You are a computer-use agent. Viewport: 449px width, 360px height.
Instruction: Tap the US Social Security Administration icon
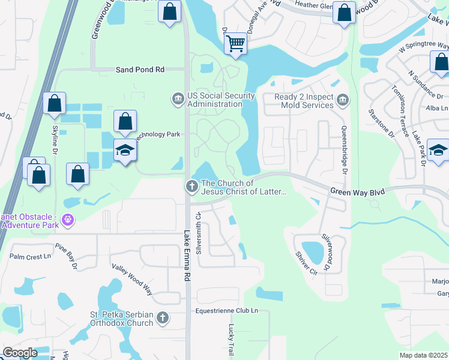click(x=178, y=98)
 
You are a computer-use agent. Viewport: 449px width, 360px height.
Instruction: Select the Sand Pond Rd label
click(x=140, y=70)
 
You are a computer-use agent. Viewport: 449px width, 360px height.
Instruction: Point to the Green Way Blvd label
click(x=357, y=190)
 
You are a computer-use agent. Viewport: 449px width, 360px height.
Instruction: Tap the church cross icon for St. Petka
click(x=162, y=317)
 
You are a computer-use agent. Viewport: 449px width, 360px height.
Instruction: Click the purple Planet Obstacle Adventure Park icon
click(x=68, y=220)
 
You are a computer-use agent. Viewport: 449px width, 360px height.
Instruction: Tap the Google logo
click(x=20, y=352)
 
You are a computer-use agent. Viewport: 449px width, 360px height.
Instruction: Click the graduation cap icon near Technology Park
click(x=125, y=150)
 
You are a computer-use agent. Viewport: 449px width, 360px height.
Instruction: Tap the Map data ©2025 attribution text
click(x=424, y=355)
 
